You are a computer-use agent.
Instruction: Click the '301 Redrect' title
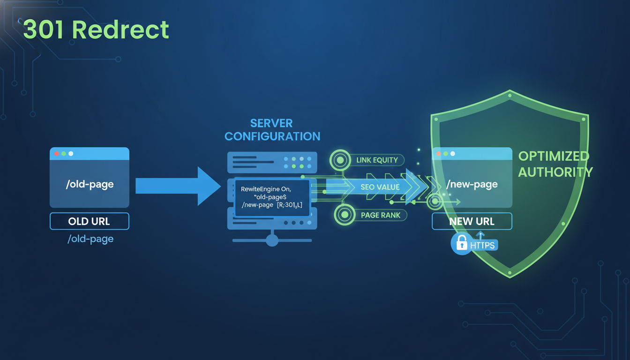(96, 30)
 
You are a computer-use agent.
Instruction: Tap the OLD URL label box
(89, 221)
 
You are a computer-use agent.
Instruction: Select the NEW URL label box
(472, 221)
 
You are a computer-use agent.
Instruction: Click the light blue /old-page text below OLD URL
(90, 239)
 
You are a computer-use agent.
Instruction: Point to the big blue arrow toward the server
(178, 186)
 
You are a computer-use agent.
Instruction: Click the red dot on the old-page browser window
(57, 153)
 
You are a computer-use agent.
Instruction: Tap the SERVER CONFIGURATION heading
(272, 130)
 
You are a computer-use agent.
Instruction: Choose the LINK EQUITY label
(377, 160)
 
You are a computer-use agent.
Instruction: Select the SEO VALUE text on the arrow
(380, 187)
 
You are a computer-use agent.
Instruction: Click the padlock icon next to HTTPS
(462, 244)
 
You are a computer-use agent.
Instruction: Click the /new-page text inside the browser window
(472, 185)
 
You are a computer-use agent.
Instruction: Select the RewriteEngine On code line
(266, 188)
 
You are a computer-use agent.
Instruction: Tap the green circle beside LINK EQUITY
(341, 160)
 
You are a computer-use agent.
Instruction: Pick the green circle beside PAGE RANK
(345, 215)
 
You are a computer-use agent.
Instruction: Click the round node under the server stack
(272, 240)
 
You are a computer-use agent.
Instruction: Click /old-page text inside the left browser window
(90, 184)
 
